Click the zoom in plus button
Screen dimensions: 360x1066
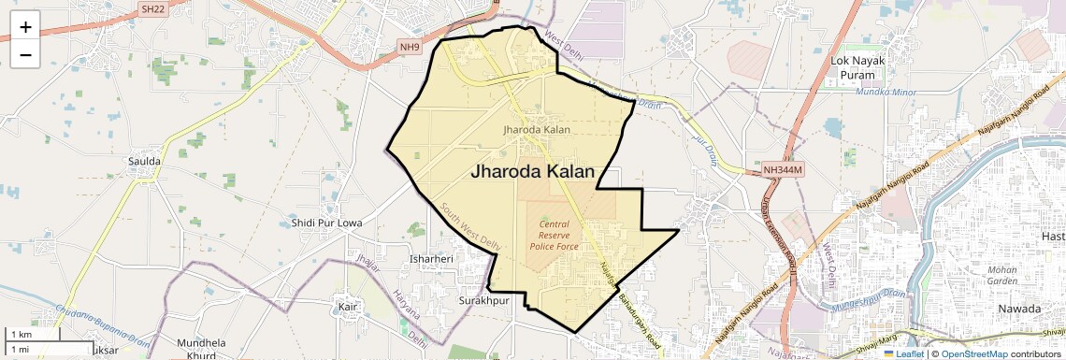[25, 27]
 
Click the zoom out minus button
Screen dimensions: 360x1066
[25, 55]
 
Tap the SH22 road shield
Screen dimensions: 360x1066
[152, 8]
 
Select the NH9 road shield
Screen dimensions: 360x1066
[411, 46]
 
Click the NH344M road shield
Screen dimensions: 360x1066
[783, 170]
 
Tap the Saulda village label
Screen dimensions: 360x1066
[145, 161]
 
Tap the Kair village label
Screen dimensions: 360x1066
[349, 306]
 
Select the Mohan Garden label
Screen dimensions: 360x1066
[1001, 275]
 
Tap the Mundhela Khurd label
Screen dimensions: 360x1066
[201, 349]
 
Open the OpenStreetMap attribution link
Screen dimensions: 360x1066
[974, 353]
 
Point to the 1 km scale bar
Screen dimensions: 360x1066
[34, 335]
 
